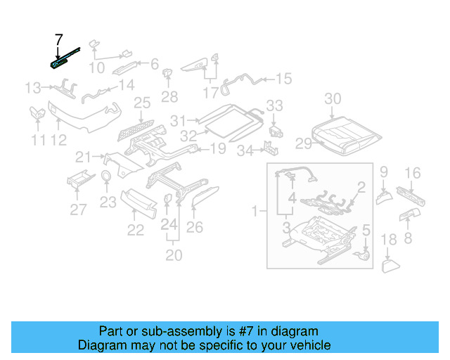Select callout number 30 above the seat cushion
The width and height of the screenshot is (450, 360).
(333, 98)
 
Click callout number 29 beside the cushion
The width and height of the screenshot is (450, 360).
(303, 144)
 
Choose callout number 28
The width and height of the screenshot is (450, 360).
(169, 96)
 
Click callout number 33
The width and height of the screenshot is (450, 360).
(274, 105)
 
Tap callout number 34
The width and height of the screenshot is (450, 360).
(244, 150)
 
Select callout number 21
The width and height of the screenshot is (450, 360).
(84, 156)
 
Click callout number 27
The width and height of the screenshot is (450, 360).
(78, 208)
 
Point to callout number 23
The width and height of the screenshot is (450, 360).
(107, 202)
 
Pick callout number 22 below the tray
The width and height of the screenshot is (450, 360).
(135, 229)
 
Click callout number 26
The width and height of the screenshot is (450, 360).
(194, 226)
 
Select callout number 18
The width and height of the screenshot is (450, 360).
(389, 241)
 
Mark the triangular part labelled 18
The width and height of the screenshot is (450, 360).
(390, 265)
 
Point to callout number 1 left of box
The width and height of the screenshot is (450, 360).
(255, 210)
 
